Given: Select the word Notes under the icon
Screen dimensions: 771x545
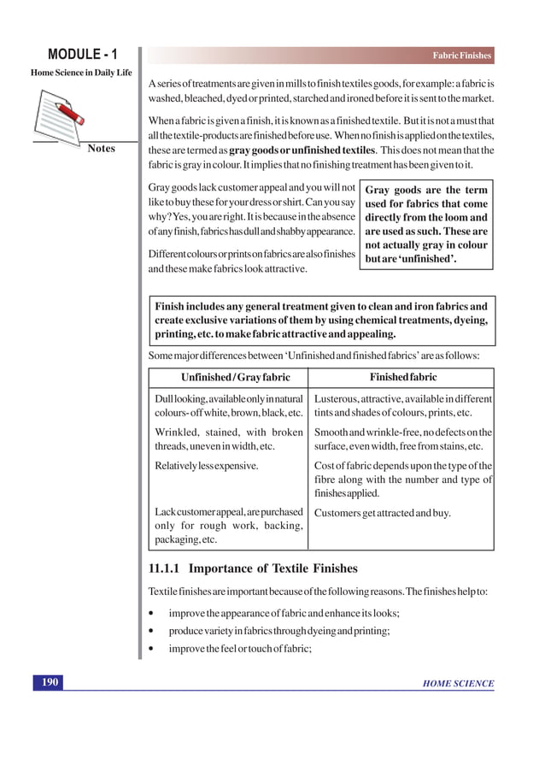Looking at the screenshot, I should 101,149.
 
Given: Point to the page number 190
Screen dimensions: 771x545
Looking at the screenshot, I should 50,682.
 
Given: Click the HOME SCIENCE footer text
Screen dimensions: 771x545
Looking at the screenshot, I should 458,683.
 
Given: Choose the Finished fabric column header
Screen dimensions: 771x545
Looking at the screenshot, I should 402,377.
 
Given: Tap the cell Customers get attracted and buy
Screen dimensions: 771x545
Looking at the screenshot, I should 383,513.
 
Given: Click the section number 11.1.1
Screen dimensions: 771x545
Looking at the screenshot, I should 165,568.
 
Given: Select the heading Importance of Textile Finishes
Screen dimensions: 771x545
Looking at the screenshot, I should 273,568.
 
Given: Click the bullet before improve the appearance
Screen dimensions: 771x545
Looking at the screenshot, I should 151,614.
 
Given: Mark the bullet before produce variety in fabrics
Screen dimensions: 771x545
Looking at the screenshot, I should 151,631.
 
